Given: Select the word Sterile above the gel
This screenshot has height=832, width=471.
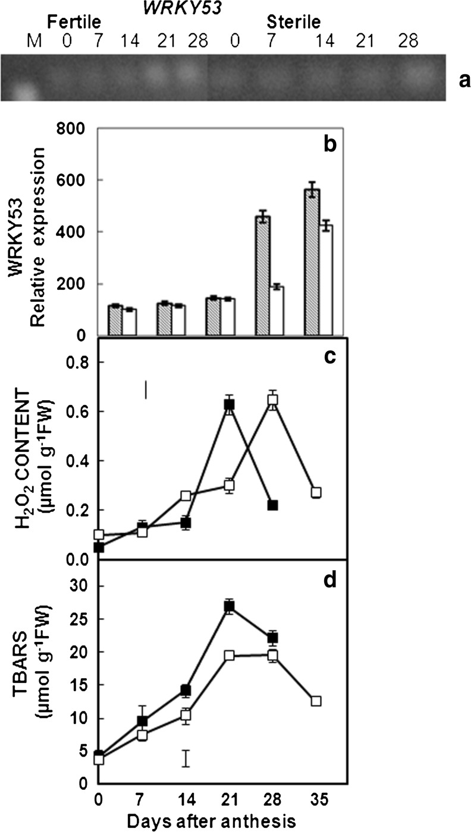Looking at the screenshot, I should pos(293,23).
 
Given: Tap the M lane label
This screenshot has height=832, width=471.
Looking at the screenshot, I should pos(32,42).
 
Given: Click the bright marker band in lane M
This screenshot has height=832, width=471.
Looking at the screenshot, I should pos(24,91).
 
